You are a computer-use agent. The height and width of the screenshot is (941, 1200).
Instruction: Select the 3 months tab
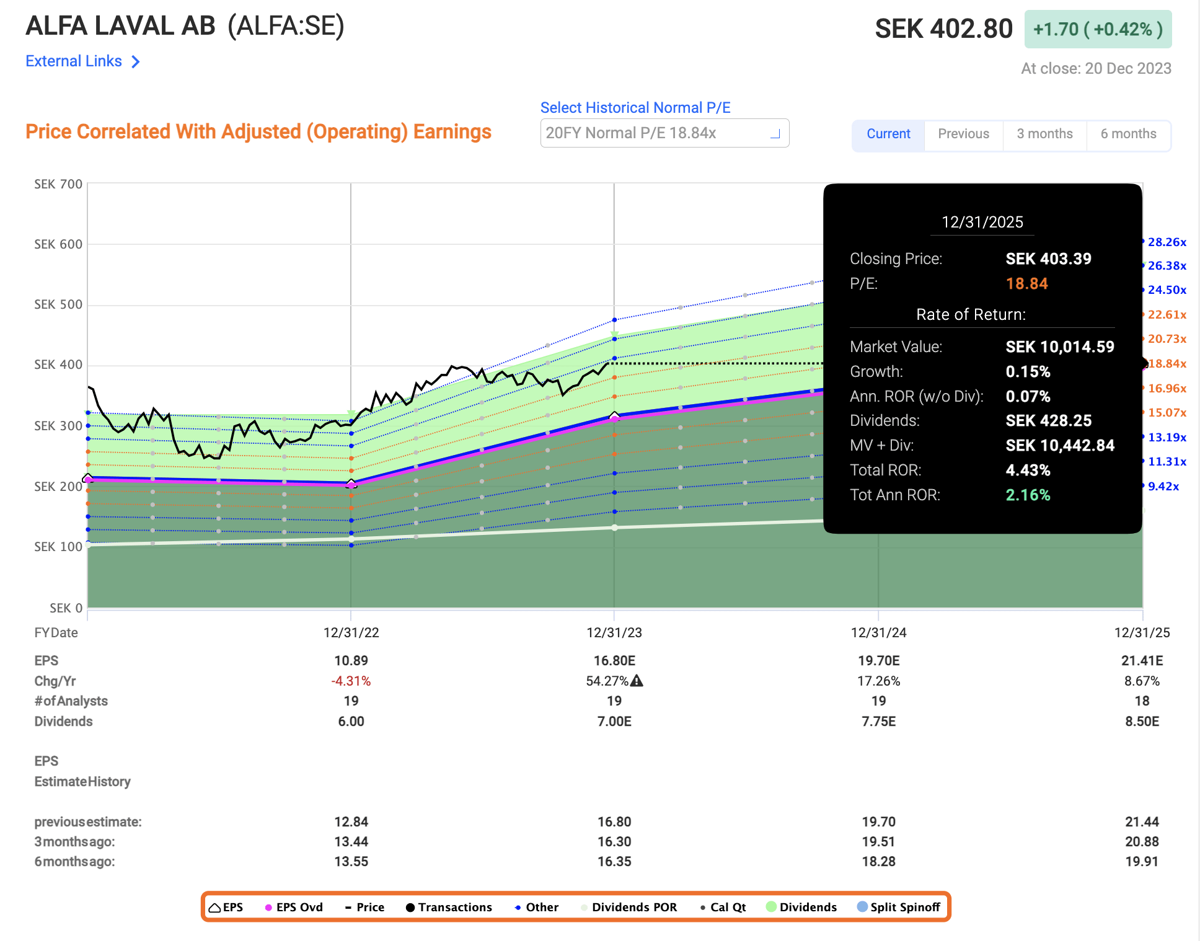[1044, 134]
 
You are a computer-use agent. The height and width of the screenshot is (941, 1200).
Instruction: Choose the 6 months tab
[1128, 134]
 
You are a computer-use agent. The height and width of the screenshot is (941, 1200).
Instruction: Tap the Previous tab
[963, 134]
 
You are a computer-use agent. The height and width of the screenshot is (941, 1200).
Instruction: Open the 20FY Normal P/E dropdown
[664, 133]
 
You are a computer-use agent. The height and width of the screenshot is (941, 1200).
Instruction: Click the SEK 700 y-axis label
[58, 184]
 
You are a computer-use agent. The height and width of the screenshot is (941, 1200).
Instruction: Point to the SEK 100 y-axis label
[58, 547]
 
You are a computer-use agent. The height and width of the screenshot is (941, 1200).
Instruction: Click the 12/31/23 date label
[614, 633]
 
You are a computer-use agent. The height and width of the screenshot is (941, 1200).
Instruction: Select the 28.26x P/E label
[1167, 242]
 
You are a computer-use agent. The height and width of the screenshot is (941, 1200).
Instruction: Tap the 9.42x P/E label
[1163, 487]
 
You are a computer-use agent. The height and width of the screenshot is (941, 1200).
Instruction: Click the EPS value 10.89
[351, 661]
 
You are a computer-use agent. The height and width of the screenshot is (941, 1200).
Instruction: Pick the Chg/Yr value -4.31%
[351, 681]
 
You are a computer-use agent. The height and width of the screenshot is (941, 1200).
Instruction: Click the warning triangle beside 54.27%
[637, 681]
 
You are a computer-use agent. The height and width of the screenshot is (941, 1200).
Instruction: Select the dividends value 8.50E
[1142, 722]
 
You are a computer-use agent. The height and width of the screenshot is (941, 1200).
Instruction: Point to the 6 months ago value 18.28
[878, 862]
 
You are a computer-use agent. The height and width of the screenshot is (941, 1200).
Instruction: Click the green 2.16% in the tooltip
[1028, 495]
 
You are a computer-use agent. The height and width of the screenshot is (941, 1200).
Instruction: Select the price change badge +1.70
[1098, 29]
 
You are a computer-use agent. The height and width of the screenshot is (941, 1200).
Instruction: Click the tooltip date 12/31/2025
[982, 223]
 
